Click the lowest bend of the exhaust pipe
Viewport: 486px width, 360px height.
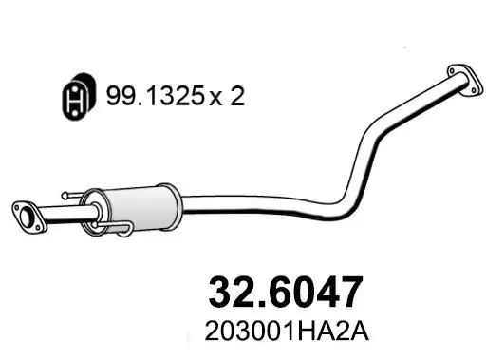pos(327,201)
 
